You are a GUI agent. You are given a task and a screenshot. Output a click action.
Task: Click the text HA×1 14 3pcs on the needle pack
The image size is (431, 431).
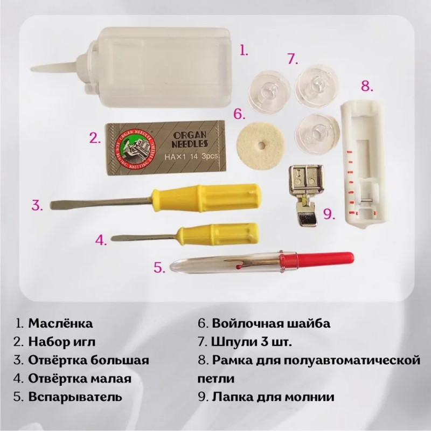coord(192,156)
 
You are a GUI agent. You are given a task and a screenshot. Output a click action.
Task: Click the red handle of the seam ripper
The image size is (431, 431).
coord(317,260)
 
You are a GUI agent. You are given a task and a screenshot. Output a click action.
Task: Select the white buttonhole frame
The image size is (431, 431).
coord(363,164)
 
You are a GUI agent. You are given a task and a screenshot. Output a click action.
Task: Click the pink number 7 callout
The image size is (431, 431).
coord(293,59)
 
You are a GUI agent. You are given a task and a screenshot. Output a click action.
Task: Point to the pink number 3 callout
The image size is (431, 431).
coord(37,205)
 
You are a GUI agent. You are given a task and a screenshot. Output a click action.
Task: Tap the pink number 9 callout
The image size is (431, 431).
coord(329,214)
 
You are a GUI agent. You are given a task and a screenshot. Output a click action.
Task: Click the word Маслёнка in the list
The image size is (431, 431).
coord(60,323)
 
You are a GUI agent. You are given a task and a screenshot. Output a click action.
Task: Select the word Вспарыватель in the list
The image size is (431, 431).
coord(75,397)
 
